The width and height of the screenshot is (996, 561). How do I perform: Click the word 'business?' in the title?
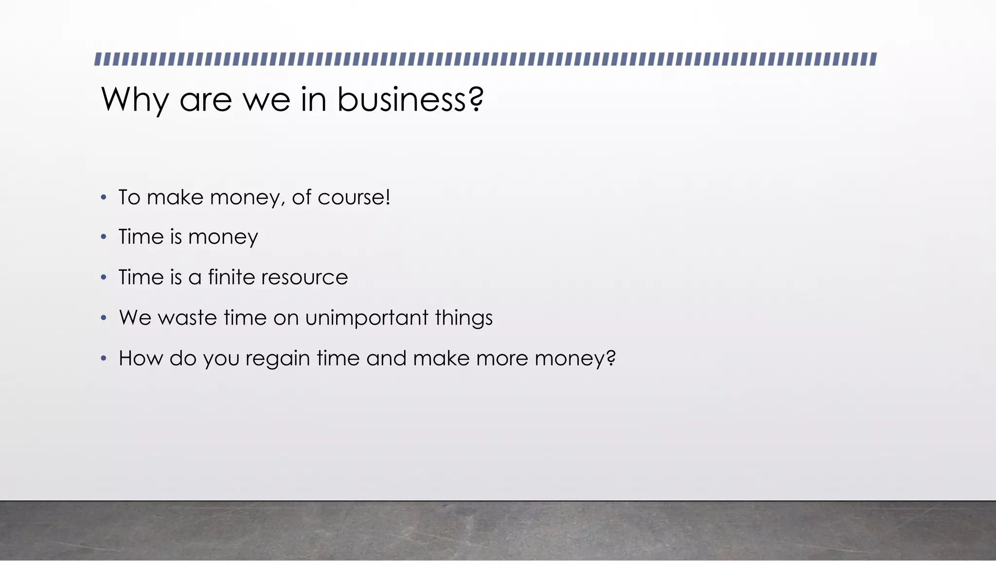point(410,99)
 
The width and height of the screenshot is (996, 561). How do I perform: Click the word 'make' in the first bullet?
point(175,197)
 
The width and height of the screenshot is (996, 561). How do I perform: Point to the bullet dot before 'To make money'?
point(103,198)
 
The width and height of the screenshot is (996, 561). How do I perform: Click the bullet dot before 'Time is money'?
point(103,237)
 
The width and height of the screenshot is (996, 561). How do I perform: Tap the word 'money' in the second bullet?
point(223,238)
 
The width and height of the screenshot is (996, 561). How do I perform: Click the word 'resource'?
point(304,278)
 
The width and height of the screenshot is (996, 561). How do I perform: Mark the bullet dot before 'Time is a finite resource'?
point(103,278)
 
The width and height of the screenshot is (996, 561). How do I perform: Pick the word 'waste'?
point(187,318)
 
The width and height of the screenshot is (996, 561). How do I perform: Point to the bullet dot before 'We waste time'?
point(103,318)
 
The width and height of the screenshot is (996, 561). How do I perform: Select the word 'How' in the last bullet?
point(141,358)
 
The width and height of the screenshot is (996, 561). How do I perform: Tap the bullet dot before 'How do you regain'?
point(103,358)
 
